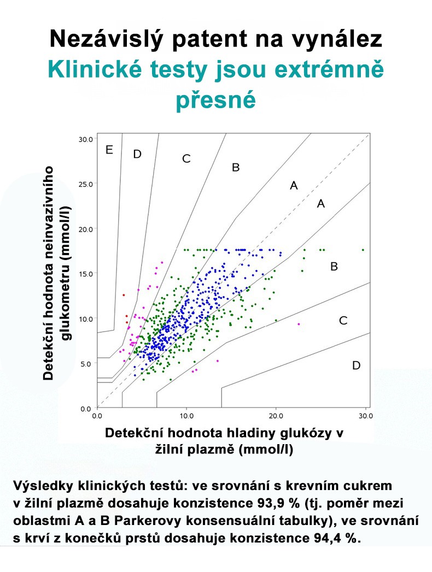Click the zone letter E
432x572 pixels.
click(x=109, y=150)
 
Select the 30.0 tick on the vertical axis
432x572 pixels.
click(x=85, y=139)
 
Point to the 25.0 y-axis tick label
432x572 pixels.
click(x=85, y=184)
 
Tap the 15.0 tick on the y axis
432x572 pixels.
click(x=85, y=274)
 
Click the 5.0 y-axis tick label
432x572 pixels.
click(x=87, y=364)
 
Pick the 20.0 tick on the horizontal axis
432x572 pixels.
click(x=276, y=416)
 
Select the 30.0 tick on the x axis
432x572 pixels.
click(x=365, y=416)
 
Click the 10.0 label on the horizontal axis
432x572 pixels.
click(x=186, y=416)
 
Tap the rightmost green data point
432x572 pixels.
click(x=363, y=250)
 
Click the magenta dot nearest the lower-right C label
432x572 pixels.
click(x=299, y=324)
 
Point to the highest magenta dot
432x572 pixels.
click(x=162, y=262)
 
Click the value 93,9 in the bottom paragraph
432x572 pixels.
click(x=270, y=503)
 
